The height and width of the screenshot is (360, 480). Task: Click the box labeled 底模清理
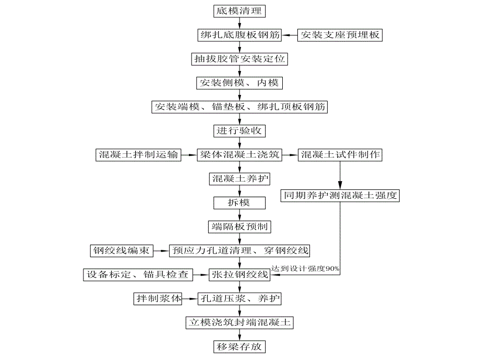click(239, 10)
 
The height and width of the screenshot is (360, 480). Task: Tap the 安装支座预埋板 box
click(340, 35)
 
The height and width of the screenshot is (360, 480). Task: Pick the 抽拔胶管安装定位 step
click(239, 59)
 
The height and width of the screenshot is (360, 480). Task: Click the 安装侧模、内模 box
click(239, 83)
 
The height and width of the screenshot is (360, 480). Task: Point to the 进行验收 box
click(239, 130)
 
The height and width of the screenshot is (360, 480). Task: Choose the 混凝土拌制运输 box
click(138, 154)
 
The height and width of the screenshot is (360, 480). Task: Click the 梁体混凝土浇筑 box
click(239, 154)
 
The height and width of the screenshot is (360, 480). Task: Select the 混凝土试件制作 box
click(340, 154)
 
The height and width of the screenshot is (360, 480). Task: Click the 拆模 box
click(239, 202)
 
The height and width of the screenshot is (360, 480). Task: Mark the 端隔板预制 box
click(239, 226)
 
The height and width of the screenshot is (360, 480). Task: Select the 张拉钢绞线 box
click(239, 274)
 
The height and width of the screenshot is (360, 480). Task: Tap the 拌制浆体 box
click(158, 299)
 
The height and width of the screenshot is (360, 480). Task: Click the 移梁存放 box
click(239, 346)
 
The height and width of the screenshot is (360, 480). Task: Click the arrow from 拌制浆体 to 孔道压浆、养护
click(190, 299)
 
